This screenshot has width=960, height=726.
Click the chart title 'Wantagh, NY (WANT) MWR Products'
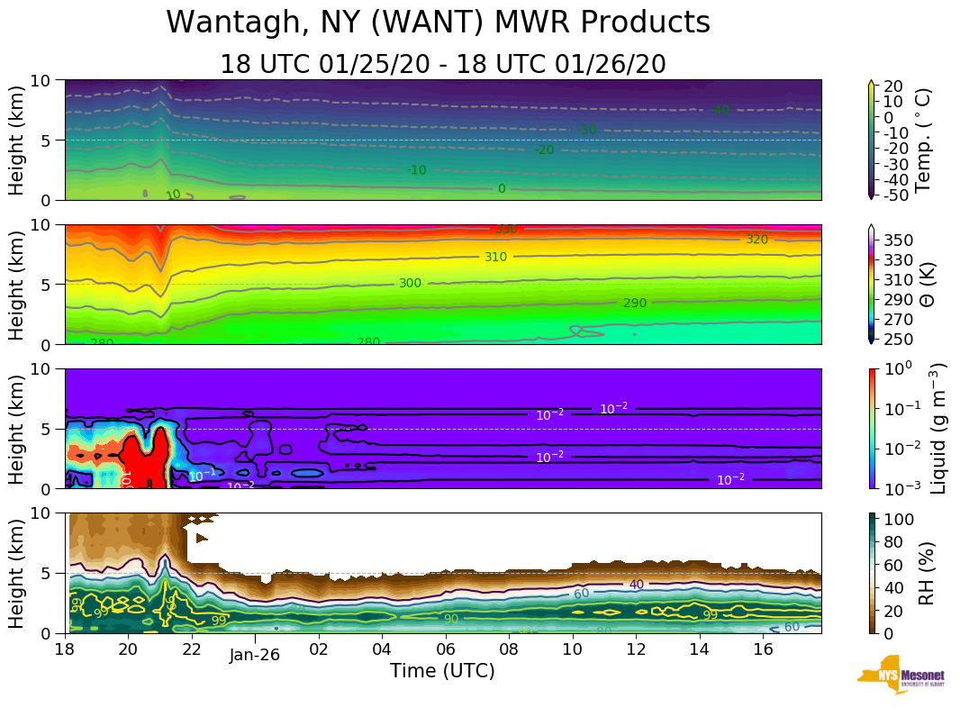tap(439, 23)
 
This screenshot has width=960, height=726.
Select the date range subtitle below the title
tap(442, 65)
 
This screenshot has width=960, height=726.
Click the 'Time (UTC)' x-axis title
tap(442, 671)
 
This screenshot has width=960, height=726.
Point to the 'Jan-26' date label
tap(254, 655)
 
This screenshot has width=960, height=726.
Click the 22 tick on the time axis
tap(191, 649)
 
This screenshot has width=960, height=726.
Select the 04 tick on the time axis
tap(381, 649)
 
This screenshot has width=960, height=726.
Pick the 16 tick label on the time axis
tap(762, 649)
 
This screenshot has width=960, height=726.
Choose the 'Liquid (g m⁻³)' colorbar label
tap(937, 428)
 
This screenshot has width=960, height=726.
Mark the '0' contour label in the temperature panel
tap(502, 188)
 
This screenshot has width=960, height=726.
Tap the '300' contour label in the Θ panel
tap(410, 283)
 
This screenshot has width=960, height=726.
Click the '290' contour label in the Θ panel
tap(635, 303)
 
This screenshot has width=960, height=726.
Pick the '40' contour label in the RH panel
tap(637, 585)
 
